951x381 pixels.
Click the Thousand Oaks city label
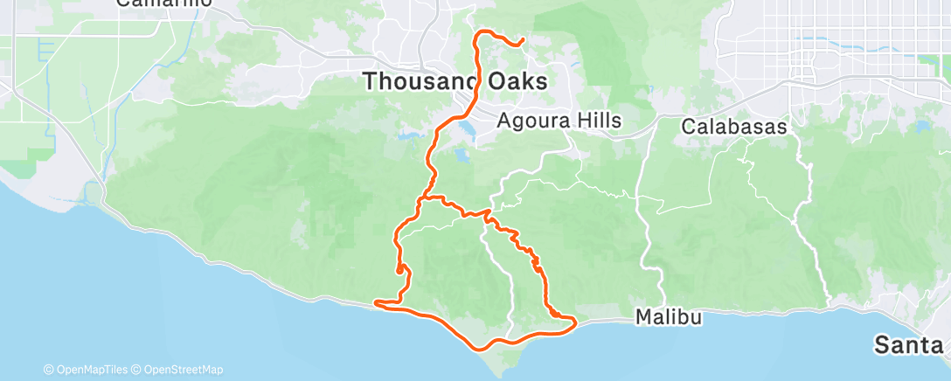455,82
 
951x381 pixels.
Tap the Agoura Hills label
559,121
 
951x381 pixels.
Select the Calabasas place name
734,126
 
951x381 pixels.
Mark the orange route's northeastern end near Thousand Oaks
521,41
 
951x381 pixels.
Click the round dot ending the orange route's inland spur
400,270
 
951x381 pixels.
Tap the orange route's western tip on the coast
376,303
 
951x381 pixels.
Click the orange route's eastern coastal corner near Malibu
574,324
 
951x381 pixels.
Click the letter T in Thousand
369,82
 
